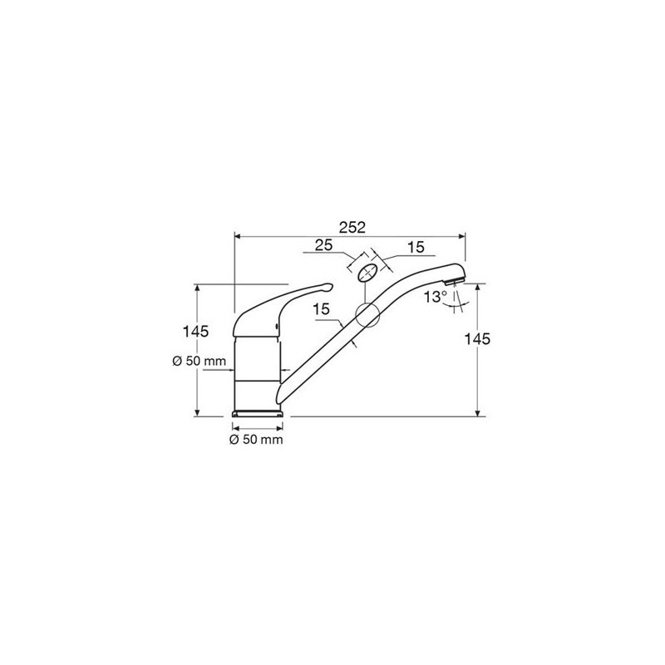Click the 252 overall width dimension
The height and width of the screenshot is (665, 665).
pos(352,228)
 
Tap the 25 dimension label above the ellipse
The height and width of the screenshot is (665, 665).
pos(323,245)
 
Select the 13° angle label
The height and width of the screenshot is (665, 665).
pos(436,297)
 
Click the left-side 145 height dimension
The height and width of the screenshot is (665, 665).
pos(195,331)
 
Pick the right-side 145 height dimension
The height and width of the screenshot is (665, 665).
pos(477,339)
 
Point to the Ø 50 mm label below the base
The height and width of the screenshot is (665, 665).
pos(256,440)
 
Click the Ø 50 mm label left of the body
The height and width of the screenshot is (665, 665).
pos(199,362)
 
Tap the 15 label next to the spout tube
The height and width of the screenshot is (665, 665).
pos(322,309)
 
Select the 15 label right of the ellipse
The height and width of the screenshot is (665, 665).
pos(416,247)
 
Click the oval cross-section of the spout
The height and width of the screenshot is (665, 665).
pos(367,273)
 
